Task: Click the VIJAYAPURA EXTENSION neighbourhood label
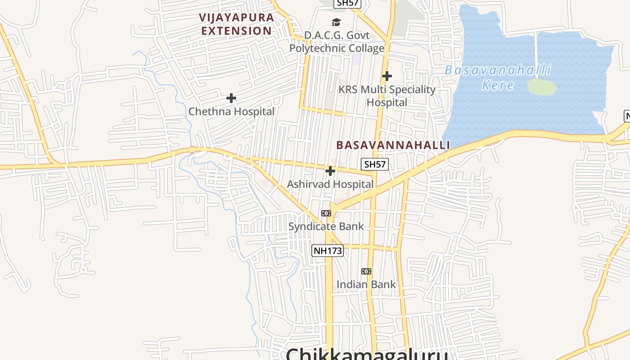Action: pos(237,24)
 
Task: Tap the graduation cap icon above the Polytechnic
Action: pos(336,22)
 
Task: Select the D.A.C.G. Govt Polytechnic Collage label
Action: pos(337,42)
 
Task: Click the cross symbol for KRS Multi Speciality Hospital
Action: pos(387,76)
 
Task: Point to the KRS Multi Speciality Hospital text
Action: pos(387,96)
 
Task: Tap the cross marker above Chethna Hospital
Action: pos(231,98)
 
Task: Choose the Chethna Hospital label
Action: pos(231,112)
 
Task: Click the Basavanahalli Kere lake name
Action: pos(498,77)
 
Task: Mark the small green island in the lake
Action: pos(542,87)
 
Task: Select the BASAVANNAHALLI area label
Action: pos(393,145)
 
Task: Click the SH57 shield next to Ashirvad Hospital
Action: pos(374,164)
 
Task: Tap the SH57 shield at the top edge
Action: pos(347,3)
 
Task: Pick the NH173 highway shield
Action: pos(328,251)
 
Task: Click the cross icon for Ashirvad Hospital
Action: pos(330,171)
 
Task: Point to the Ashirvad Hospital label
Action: pos(330,184)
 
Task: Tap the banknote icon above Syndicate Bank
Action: pos(326,213)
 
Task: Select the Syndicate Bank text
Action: pos(326,226)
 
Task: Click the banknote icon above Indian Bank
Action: pos(366,271)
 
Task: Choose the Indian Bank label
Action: pos(366,284)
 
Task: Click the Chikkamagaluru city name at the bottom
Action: pos(367,353)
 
